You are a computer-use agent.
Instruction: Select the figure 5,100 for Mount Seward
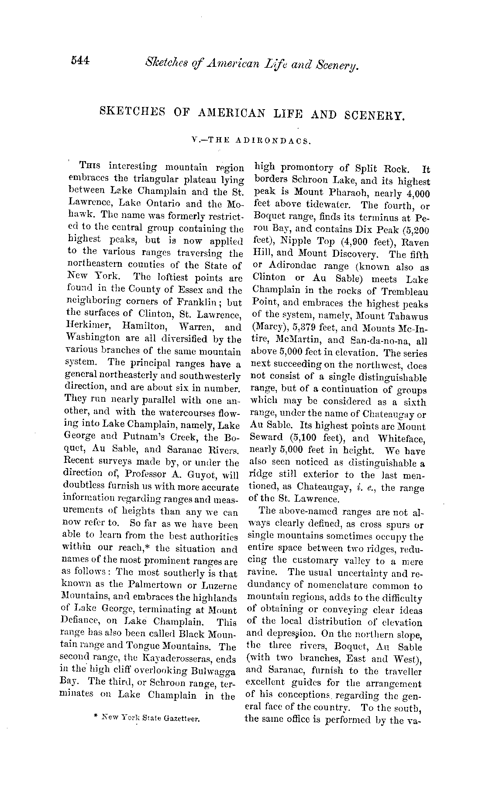point(310,438)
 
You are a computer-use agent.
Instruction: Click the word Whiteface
point(401,438)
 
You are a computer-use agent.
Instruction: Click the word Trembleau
point(404,291)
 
